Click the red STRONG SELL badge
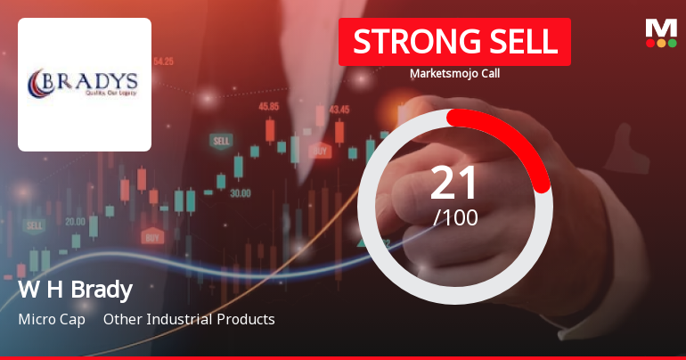454,42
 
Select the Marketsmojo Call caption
454,74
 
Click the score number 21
454,183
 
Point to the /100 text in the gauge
454,217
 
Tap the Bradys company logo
85,84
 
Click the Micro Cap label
51,319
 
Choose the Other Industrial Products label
189,319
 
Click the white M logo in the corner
661,29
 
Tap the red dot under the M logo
650,43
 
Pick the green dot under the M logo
672,43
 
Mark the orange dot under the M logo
661,43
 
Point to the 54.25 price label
163,61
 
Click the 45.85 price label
268,106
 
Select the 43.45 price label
339,110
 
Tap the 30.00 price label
240,192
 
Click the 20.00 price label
75,221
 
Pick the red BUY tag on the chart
152,238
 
